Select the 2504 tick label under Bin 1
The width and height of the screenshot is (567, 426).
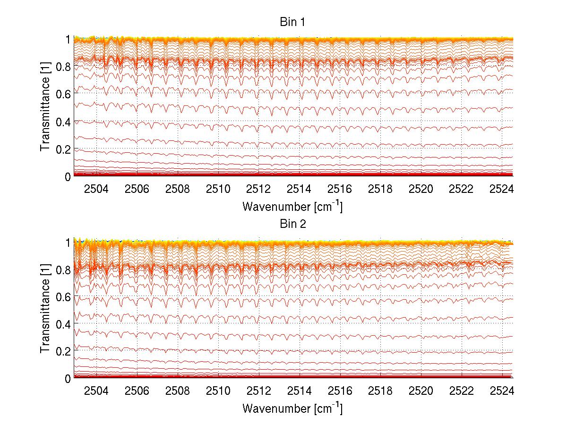coord(96,190)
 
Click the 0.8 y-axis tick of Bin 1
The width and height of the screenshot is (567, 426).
coord(64,67)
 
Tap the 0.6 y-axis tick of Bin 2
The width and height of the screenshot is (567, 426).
coord(64,296)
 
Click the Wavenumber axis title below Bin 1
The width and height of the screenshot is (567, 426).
coord(292,206)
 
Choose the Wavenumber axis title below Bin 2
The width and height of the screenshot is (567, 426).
coord(292,408)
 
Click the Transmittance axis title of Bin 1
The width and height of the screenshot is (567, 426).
coord(45,108)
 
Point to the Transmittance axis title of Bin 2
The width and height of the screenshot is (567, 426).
coord(45,310)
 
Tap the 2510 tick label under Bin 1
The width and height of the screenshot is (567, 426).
coord(218,190)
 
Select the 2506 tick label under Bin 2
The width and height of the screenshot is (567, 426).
coord(137,391)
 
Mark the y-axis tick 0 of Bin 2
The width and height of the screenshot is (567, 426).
coord(68,378)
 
